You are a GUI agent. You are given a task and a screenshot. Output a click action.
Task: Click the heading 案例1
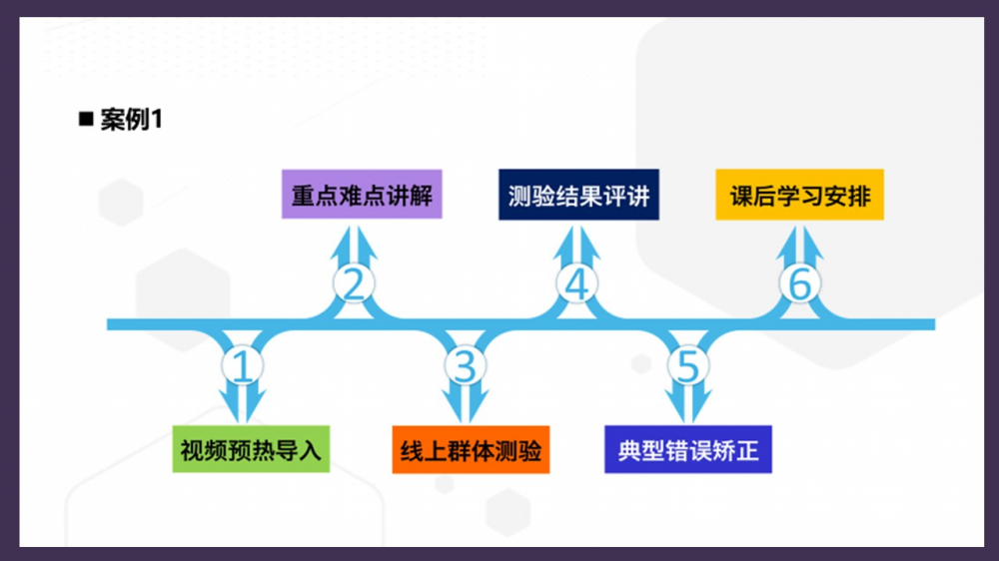pyautogui.click(x=131, y=121)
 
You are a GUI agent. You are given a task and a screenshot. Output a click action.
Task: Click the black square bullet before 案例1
pyautogui.click(x=86, y=120)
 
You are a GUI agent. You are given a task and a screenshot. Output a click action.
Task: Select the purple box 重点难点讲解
pyautogui.click(x=362, y=195)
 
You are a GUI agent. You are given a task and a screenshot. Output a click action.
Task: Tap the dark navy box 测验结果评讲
pyautogui.click(x=578, y=195)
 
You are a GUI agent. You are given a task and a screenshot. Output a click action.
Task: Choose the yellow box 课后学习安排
pyautogui.click(x=799, y=195)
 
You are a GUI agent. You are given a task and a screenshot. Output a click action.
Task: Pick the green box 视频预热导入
pyautogui.click(x=251, y=450)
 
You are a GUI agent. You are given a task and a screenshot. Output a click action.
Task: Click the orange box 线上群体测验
pyautogui.click(x=470, y=450)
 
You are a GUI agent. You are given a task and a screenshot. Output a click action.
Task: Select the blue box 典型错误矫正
pyautogui.click(x=688, y=450)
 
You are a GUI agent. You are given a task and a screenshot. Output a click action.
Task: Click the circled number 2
pyautogui.click(x=353, y=284)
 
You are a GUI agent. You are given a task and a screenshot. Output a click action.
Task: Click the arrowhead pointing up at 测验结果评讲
pyautogui.click(x=576, y=240)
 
